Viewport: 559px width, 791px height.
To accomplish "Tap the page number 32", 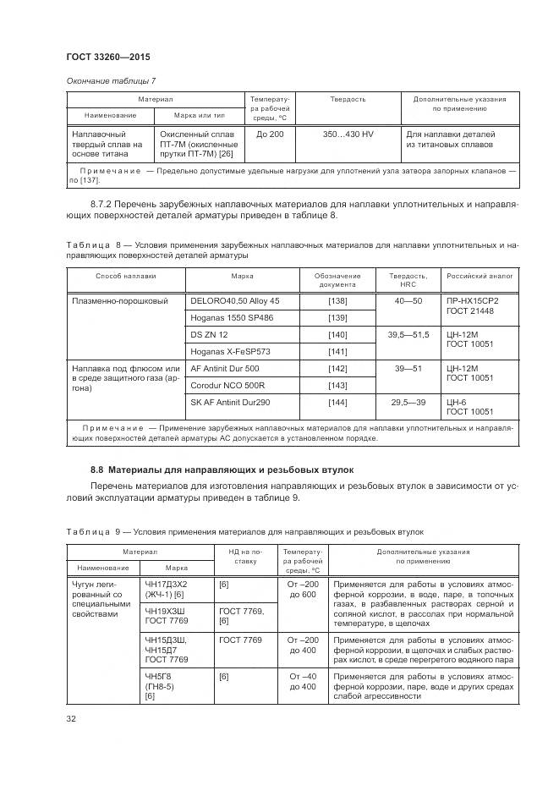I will [x=72, y=719].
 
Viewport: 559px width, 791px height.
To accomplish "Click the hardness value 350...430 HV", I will [x=348, y=135].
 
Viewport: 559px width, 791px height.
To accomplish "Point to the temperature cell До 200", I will [x=270, y=135].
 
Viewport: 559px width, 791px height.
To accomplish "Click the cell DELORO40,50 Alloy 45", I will [x=234, y=301].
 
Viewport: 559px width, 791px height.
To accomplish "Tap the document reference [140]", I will [x=337, y=335].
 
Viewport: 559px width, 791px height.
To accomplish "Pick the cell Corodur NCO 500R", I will [x=227, y=386].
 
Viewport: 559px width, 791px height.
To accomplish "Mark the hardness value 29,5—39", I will [x=408, y=403].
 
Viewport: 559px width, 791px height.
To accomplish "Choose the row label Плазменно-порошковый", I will [x=115, y=301].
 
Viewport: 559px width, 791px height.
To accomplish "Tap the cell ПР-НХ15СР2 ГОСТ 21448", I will [x=471, y=306].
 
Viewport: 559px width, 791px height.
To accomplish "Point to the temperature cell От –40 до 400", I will [x=302, y=682].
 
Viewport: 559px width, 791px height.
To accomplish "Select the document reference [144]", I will [x=337, y=403].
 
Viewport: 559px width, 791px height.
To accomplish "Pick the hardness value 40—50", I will [x=408, y=301].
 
